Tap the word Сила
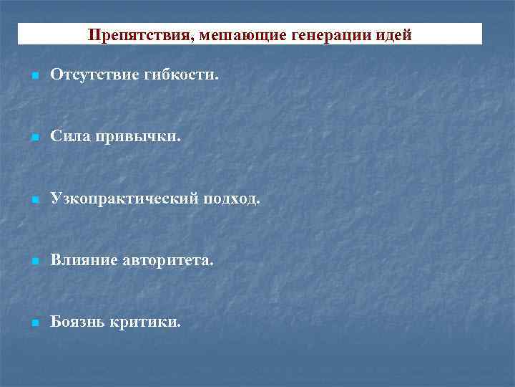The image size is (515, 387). [69, 136]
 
